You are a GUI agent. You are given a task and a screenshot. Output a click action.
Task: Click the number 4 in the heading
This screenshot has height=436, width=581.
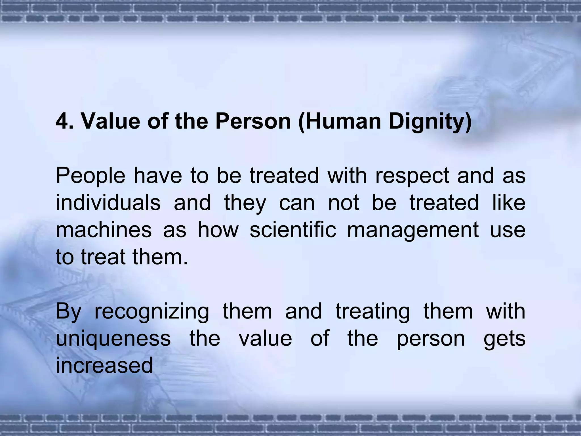[62, 121]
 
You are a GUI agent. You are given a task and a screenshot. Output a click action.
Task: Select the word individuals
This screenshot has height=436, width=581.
[108, 203]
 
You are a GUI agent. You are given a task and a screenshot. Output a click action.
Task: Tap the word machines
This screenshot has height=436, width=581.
[104, 230]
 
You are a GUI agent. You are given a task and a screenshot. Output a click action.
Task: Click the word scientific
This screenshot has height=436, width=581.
[293, 230]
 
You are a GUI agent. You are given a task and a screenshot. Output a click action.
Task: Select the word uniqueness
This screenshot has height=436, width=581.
[113, 339]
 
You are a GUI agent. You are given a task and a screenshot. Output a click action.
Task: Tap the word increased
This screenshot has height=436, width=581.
[104, 366]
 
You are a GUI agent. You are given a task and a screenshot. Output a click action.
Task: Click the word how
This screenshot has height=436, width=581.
[218, 230]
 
